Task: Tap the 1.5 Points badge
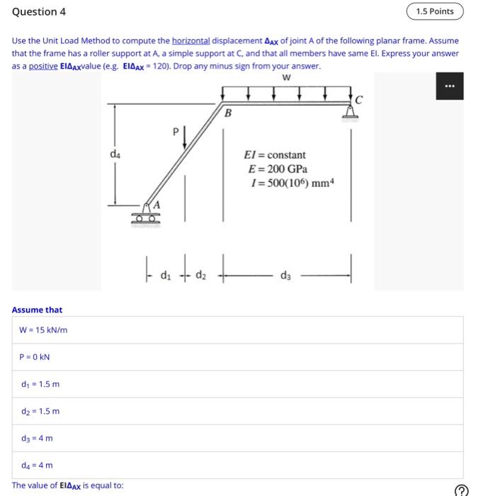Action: coord(435,11)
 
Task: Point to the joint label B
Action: coord(227,113)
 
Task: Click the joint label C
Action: coord(359,100)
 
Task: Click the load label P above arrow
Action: coord(176,130)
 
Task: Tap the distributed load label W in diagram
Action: coord(285,78)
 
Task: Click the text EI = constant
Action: coord(275,155)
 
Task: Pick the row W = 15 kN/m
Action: coord(44,329)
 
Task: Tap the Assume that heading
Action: coord(37,310)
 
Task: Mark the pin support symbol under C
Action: coord(349,113)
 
